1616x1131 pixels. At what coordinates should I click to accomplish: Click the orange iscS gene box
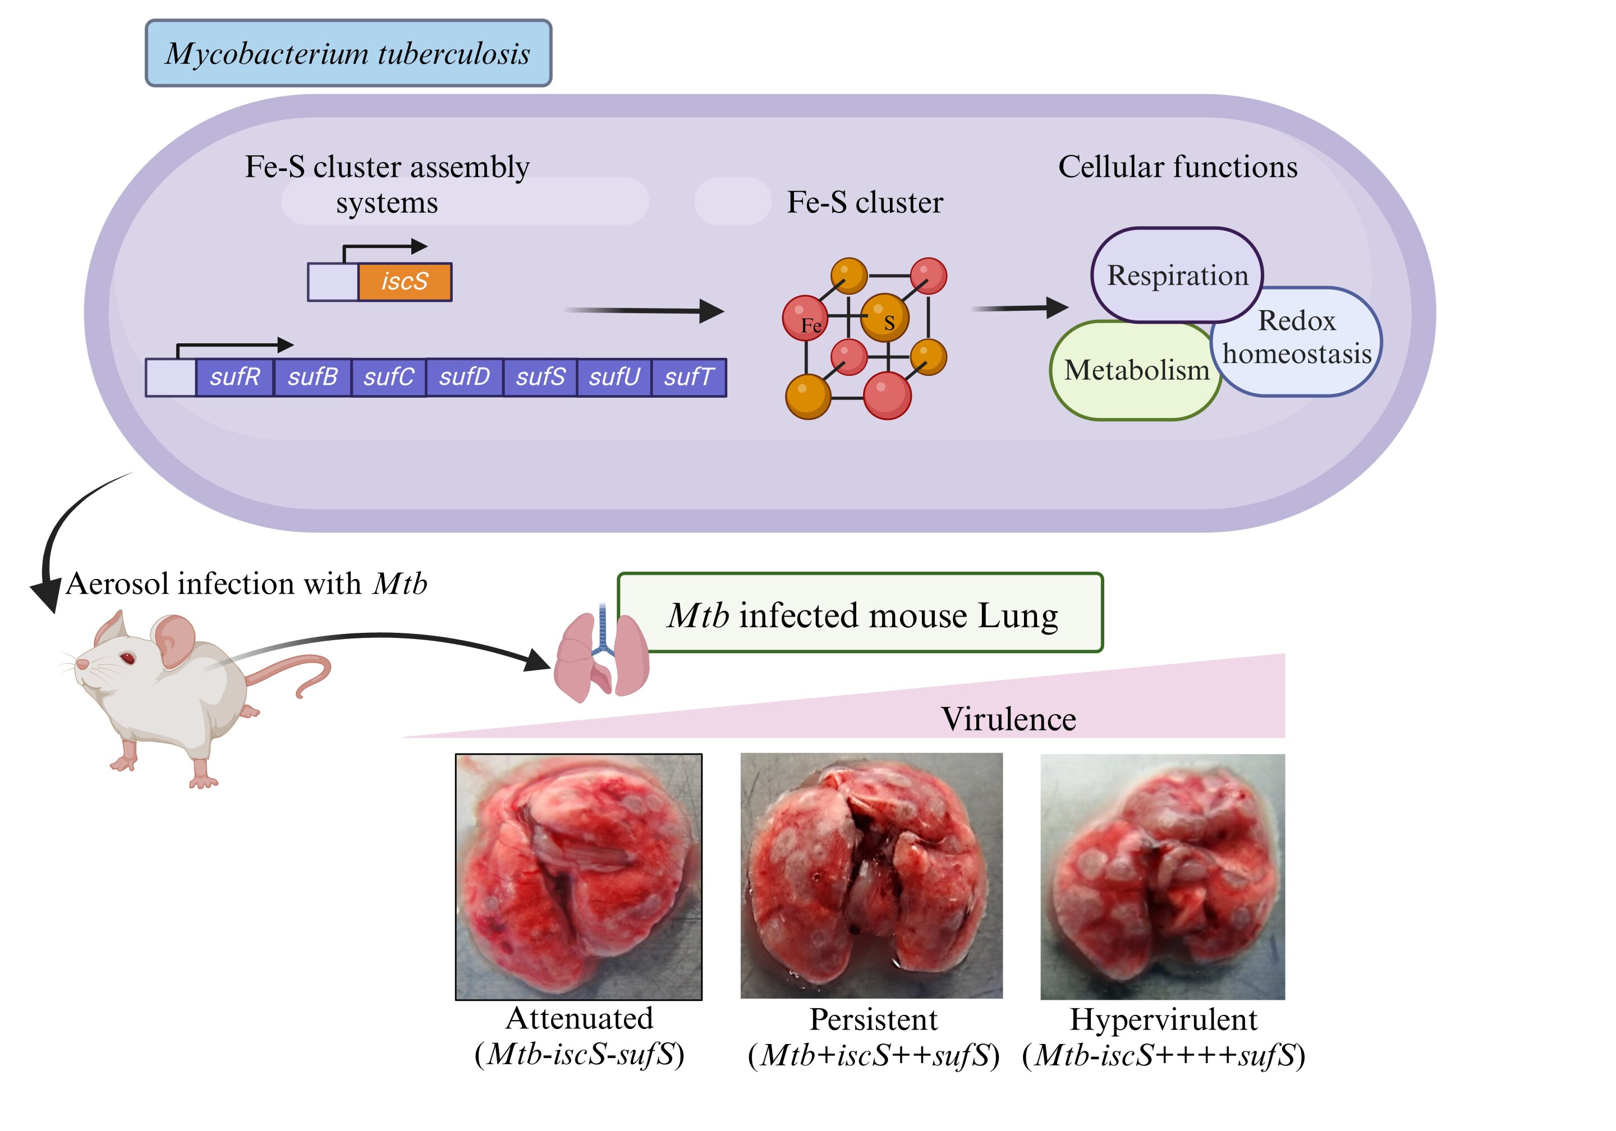[405, 282]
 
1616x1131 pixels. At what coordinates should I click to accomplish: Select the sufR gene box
[235, 377]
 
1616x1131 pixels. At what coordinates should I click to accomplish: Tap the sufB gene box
[313, 377]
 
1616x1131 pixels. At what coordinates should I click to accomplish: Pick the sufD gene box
[465, 377]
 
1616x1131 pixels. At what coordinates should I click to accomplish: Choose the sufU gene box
[614, 377]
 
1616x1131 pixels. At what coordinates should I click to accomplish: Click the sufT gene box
[689, 377]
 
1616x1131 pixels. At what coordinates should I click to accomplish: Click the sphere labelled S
[885, 318]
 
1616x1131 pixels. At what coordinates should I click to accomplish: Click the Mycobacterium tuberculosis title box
[348, 53]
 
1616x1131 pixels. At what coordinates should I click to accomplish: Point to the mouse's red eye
[127, 658]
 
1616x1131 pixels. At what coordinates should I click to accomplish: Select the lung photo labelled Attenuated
[579, 877]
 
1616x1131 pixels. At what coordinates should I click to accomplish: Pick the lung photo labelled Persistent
[871, 876]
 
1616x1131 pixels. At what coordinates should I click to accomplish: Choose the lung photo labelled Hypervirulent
[1163, 877]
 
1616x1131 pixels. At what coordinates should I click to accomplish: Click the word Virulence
[1008, 719]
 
